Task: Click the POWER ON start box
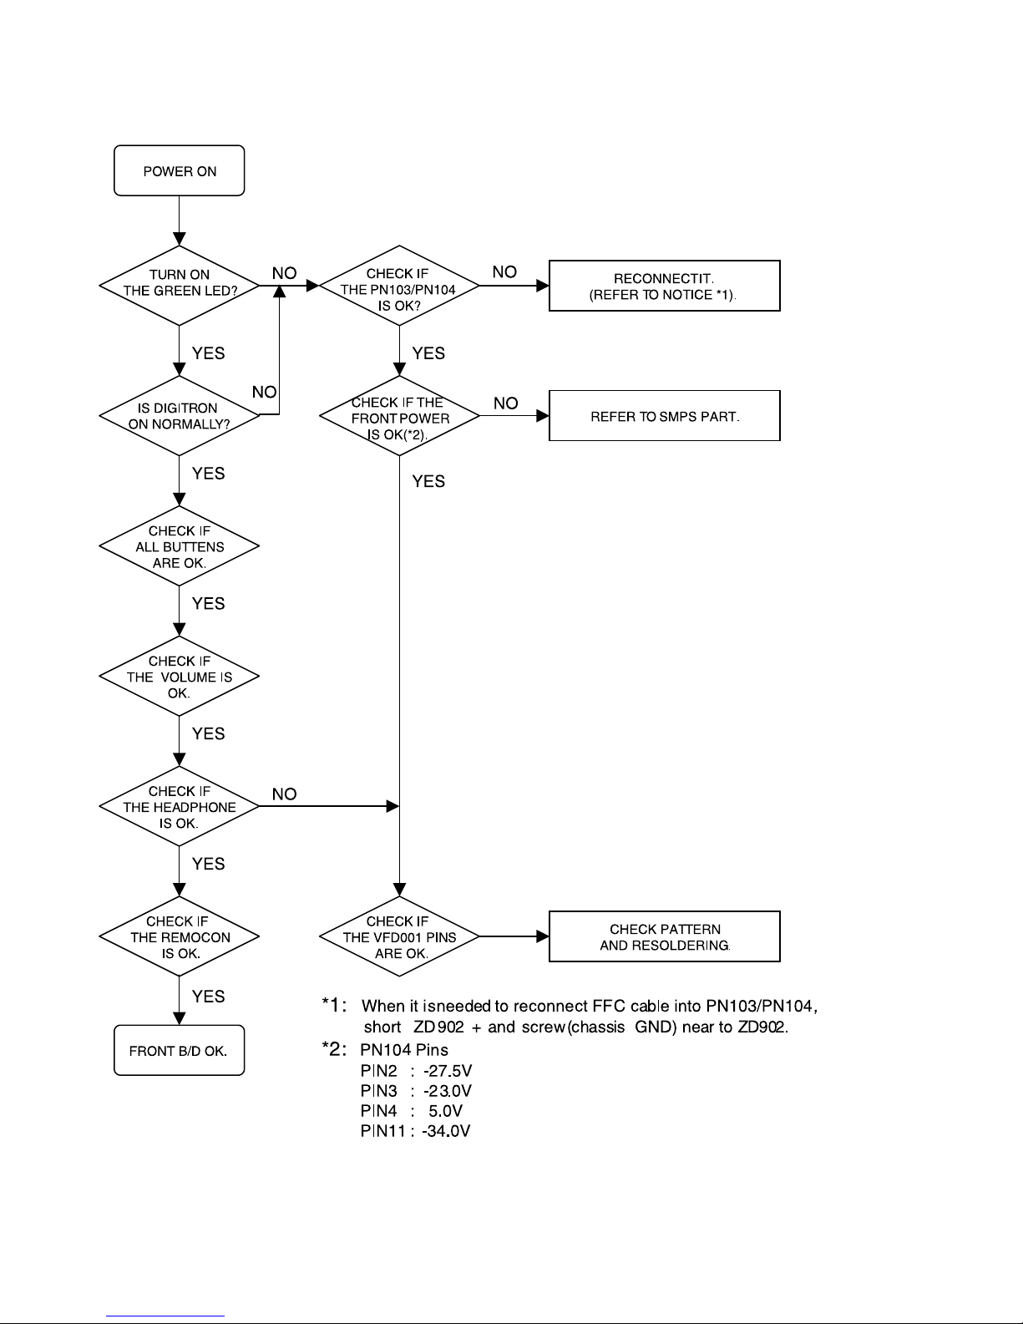[179, 171]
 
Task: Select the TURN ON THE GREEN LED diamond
[179, 284]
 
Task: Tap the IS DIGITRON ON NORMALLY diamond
[179, 415]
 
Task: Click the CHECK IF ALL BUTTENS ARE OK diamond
[179, 546]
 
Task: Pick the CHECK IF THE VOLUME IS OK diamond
[179, 677]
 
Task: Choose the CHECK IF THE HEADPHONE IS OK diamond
[179, 807]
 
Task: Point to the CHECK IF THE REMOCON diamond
[179, 937]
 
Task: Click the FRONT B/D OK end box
[179, 1051]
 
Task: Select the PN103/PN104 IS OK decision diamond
[399, 285]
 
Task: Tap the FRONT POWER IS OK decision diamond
[399, 416]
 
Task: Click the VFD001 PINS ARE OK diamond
[399, 937]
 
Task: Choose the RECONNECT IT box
[664, 286]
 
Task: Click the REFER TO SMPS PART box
[664, 416]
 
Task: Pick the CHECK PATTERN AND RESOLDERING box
[664, 937]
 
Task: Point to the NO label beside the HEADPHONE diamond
[284, 794]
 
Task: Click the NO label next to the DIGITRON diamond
[265, 393]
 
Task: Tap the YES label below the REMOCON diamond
[208, 997]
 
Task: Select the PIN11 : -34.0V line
[415, 1131]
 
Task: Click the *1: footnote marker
[338, 1007]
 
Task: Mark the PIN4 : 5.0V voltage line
[411, 1111]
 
